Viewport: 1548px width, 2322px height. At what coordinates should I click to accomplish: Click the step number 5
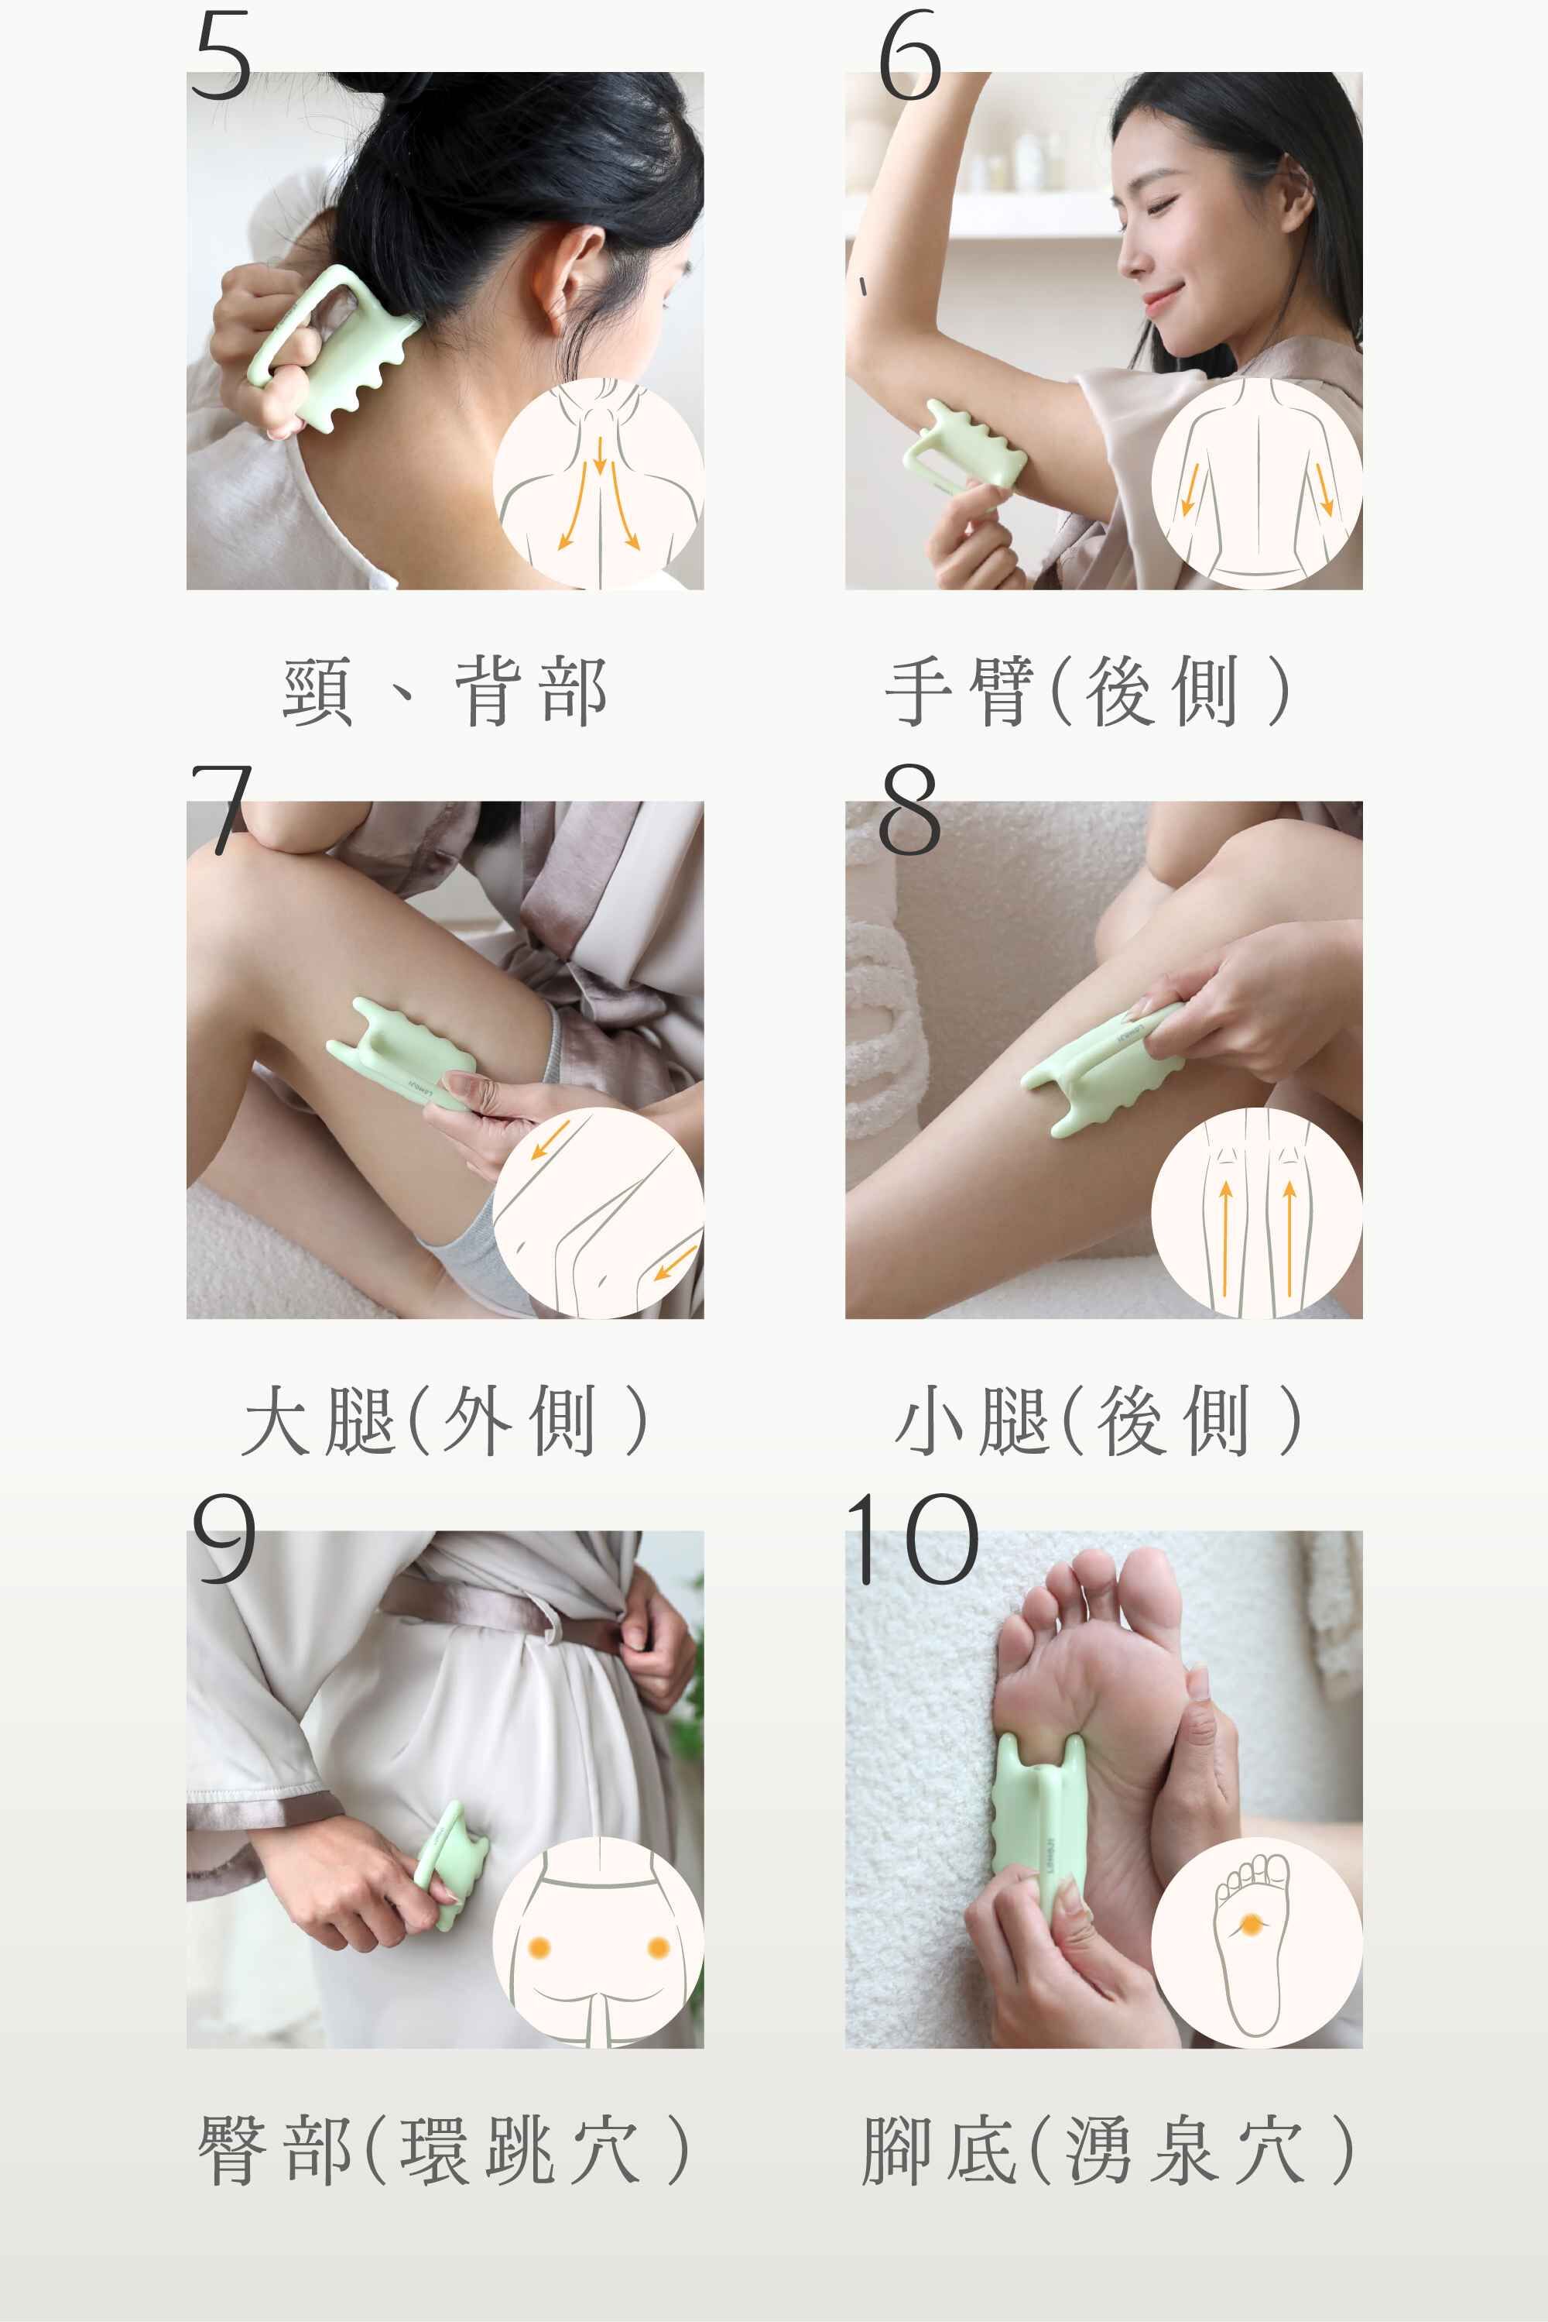click(222, 57)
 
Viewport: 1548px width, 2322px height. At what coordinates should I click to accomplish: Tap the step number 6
click(909, 57)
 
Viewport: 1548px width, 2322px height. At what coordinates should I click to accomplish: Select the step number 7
click(221, 808)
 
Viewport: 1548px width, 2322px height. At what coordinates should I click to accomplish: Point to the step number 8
click(909, 808)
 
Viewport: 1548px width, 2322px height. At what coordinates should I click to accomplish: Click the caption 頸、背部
click(444, 692)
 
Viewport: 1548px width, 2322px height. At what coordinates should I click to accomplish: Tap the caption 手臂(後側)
click(1088, 692)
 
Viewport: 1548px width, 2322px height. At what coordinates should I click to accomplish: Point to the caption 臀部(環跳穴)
click(444, 2150)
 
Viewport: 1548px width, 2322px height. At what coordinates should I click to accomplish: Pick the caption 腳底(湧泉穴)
click(1108, 2150)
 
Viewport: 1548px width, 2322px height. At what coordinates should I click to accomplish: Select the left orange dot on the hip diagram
click(539, 1946)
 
